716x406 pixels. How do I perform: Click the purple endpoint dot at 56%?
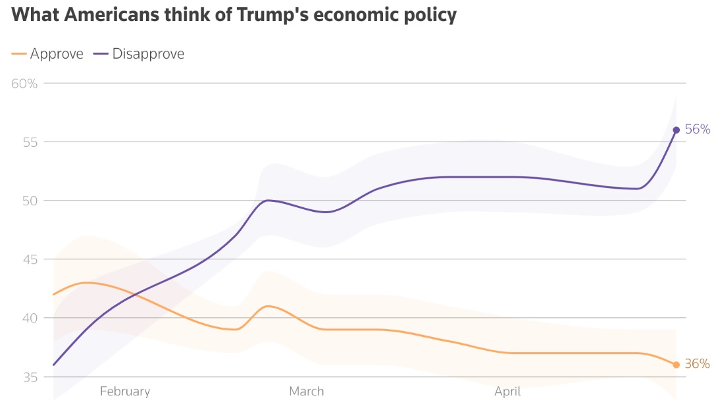tap(676, 130)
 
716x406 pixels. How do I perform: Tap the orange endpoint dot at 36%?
tap(676, 365)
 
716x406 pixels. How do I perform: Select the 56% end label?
tap(698, 130)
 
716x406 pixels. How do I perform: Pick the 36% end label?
tap(698, 364)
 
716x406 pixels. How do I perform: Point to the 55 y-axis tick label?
tap(30, 142)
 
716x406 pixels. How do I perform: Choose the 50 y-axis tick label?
tap(30, 201)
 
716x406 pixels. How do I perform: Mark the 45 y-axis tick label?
tap(30, 259)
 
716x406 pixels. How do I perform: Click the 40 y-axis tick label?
tap(30, 318)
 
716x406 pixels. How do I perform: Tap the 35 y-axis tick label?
tap(30, 377)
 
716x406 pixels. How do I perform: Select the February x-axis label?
tap(125, 392)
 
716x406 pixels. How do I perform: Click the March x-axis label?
tap(307, 392)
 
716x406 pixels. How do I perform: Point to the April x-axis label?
tap(507, 392)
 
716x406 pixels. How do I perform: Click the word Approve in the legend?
tap(57, 54)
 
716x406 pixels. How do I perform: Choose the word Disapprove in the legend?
tap(148, 54)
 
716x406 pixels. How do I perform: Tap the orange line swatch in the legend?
tap(19, 54)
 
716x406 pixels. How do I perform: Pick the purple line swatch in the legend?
tap(101, 54)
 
